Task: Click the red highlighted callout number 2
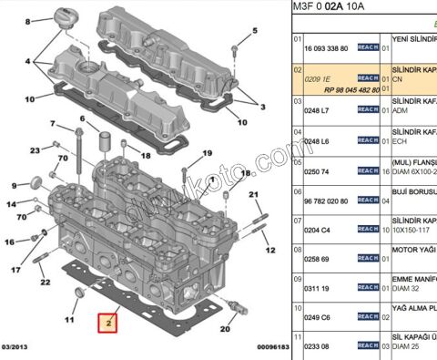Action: click(107, 323)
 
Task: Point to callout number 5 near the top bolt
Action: click(235, 27)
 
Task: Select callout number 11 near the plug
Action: click(69, 320)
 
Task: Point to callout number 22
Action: click(45, 282)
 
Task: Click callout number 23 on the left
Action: click(34, 150)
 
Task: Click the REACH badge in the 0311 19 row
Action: click(368, 288)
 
